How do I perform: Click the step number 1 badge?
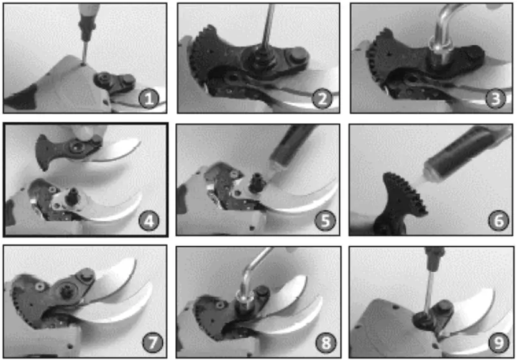[x=149, y=98]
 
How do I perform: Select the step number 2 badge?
[x=322, y=98]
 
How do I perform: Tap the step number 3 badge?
[x=495, y=98]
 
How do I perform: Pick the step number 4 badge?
[x=149, y=221]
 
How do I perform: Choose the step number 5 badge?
[x=325, y=221]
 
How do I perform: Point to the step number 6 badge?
[x=498, y=221]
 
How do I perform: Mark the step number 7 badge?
[x=152, y=343]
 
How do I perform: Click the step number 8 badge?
[x=326, y=343]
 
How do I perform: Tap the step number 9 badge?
[x=498, y=343]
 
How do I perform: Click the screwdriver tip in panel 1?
[x=84, y=63]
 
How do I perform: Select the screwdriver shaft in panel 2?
[x=268, y=26]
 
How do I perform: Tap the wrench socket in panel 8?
[x=244, y=302]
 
